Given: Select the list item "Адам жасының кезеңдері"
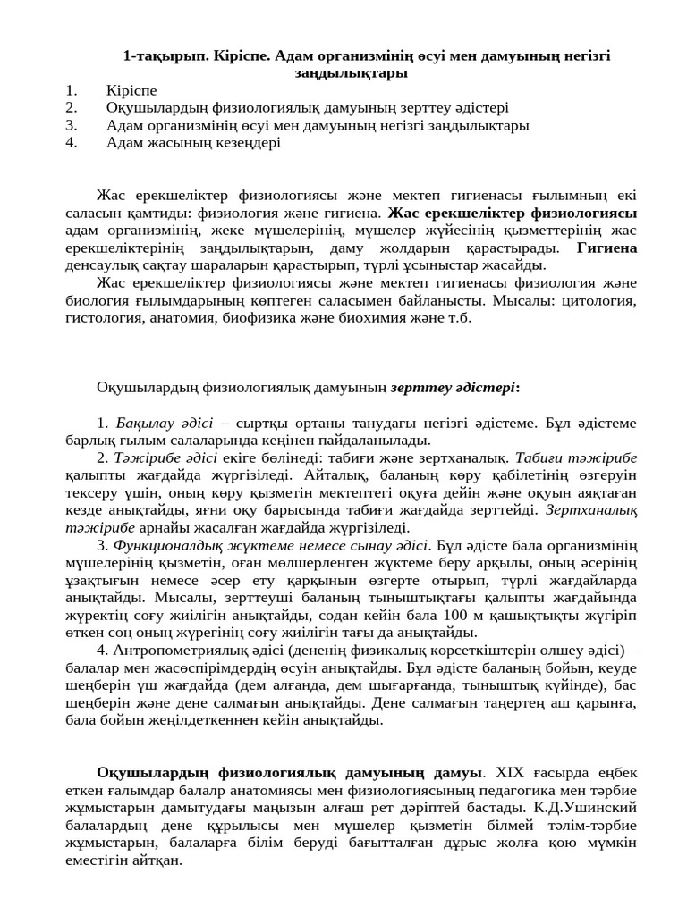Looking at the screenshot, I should point(192,142).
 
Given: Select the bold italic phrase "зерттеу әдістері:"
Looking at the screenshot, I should point(455,387).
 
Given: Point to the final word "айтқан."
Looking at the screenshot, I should point(153,860).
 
